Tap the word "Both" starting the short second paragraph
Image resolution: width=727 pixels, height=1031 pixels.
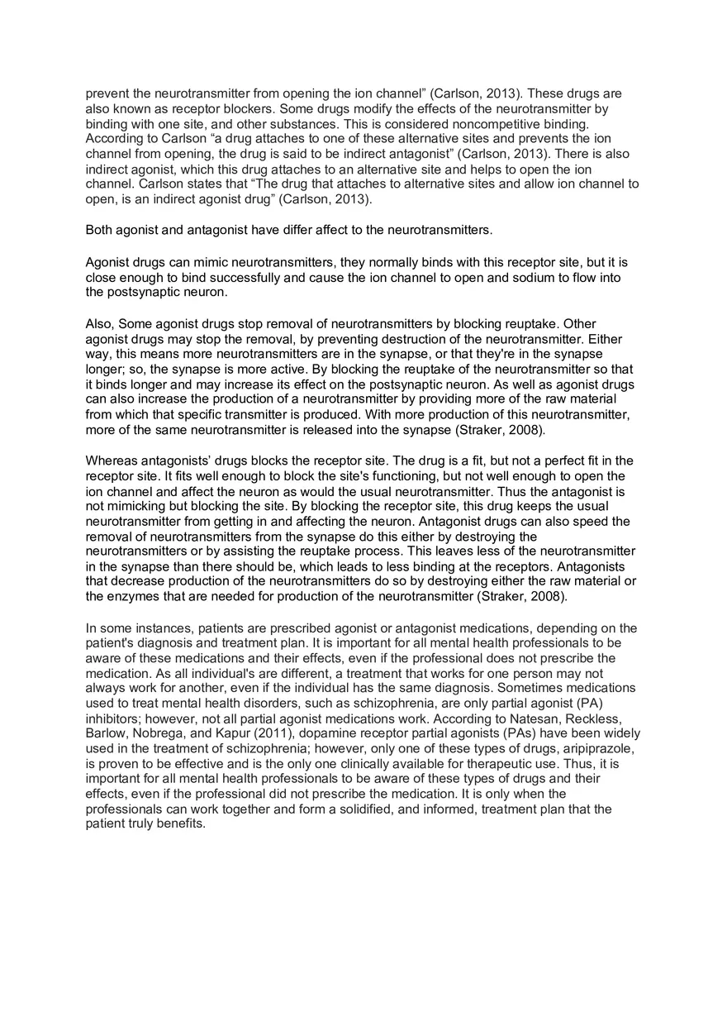(100, 229)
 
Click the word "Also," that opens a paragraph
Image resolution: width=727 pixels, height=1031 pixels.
(101, 324)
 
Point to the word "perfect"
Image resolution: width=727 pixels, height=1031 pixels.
(540, 461)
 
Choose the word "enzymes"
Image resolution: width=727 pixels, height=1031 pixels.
(133, 596)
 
